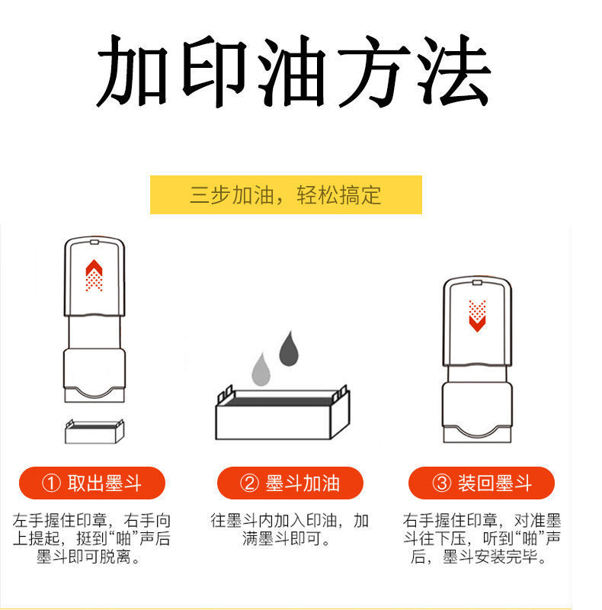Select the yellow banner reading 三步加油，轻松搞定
pos(285,194)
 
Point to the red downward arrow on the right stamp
pos(478,316)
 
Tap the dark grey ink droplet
pos(289,348)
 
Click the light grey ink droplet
pos(261,369)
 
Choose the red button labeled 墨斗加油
pos(290,483)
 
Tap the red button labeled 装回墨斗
pos(481,483)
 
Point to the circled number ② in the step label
pos(249,483)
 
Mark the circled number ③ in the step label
pos(442,483)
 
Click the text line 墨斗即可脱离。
pos(91,558)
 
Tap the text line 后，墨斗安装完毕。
pos(481,558)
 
